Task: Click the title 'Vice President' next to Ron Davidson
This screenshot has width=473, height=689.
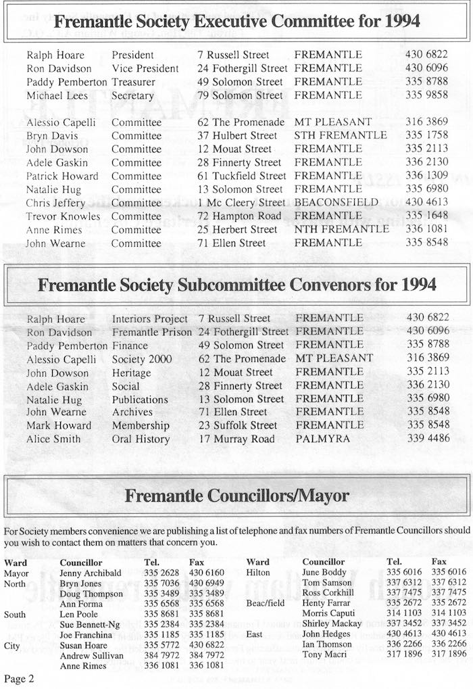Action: click(x=145, y=68)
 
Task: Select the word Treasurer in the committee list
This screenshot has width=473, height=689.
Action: click(x=133, y=82)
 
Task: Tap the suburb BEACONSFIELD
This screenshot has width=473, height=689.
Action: click(x=336, y=203)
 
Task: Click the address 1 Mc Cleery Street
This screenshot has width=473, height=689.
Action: click(x=242, y=203)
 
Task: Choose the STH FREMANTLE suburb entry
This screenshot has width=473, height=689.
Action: click(x=341, y=135)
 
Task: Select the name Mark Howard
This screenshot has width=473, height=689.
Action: click(x=59, y=425)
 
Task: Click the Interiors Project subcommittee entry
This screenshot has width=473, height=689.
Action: click(x=150, y=318)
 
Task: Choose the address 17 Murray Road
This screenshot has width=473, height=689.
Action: click(x=236, y=439)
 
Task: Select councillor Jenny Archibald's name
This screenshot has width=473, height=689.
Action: click(x=91, y=573)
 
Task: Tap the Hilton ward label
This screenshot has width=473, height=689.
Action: click(x=257, y=573)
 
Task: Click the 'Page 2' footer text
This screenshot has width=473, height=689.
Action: click(x=19, y=678)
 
